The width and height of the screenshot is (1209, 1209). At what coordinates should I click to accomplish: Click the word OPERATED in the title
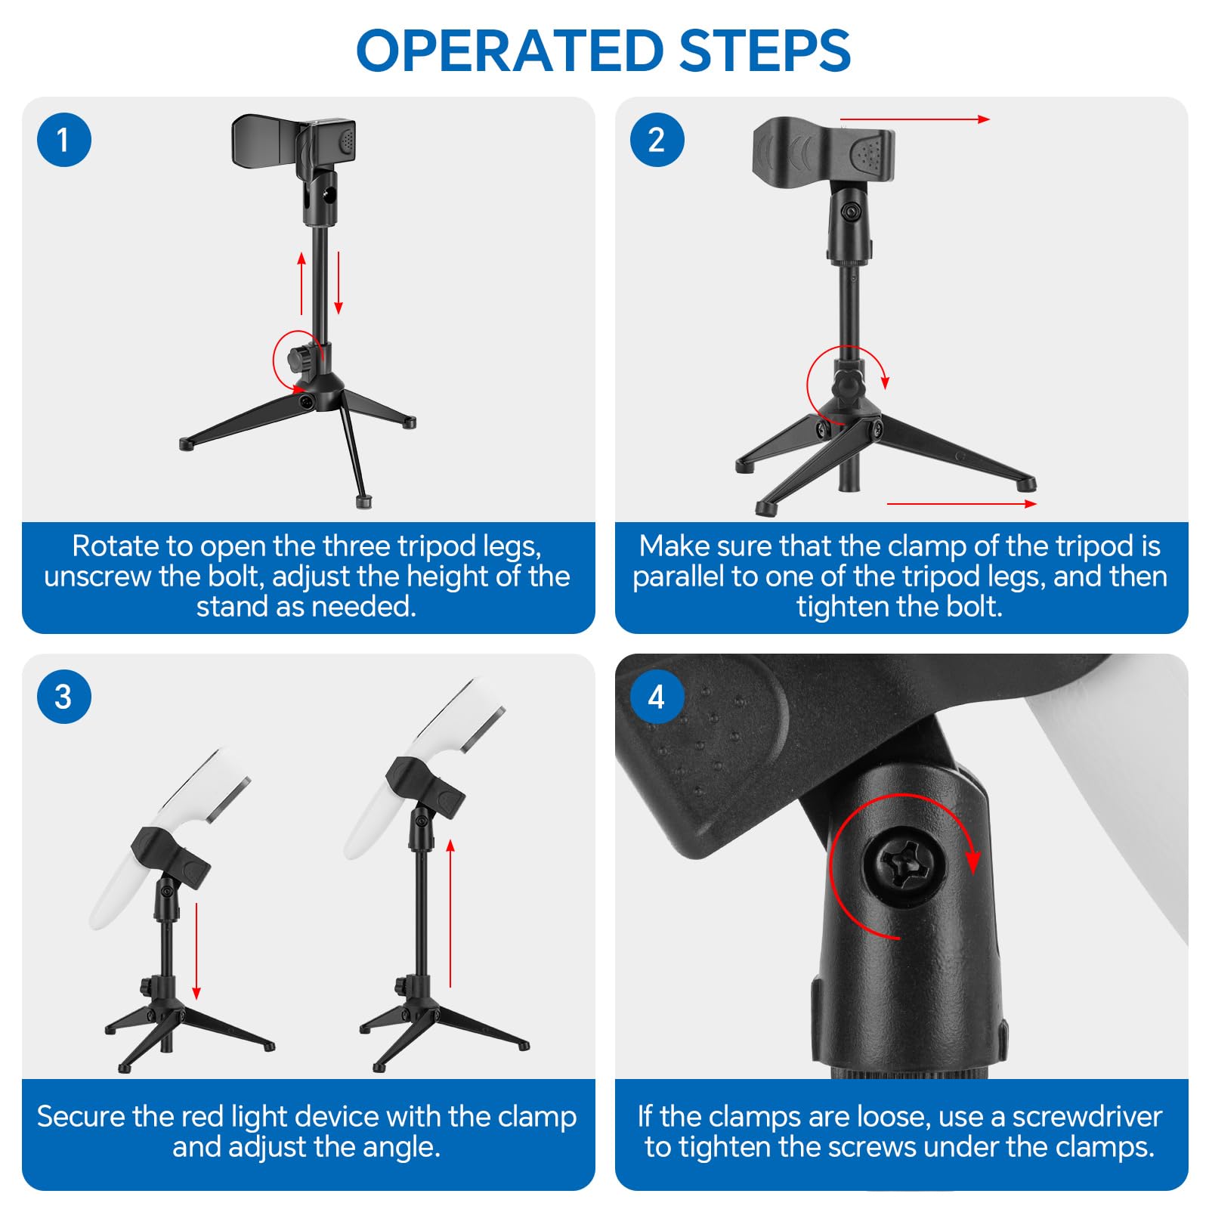(x=511, y=51)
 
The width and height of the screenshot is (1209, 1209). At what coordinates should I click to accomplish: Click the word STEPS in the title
(x=765, y=51)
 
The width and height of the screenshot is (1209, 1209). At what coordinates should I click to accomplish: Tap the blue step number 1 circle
(x=64, y=140)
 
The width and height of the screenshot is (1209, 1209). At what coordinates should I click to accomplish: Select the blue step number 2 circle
(x=657, y=140)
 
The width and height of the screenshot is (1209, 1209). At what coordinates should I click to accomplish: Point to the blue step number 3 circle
(x=64, y=697)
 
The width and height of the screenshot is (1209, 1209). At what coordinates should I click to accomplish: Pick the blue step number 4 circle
(x=657, y=697)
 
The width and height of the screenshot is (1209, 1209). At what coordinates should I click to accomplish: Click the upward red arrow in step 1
(x=301, y=283)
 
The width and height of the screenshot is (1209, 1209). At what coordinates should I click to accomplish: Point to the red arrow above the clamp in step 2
(x=915, y=119)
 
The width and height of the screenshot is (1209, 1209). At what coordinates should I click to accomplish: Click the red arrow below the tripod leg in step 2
(x=961, y=503)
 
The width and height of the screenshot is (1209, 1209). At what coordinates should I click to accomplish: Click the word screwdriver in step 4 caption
(x=1087, y=1116)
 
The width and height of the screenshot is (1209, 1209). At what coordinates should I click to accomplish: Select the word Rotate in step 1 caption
(x=115, y=546)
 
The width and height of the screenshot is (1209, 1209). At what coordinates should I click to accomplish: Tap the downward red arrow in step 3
(x=196, y=951)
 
